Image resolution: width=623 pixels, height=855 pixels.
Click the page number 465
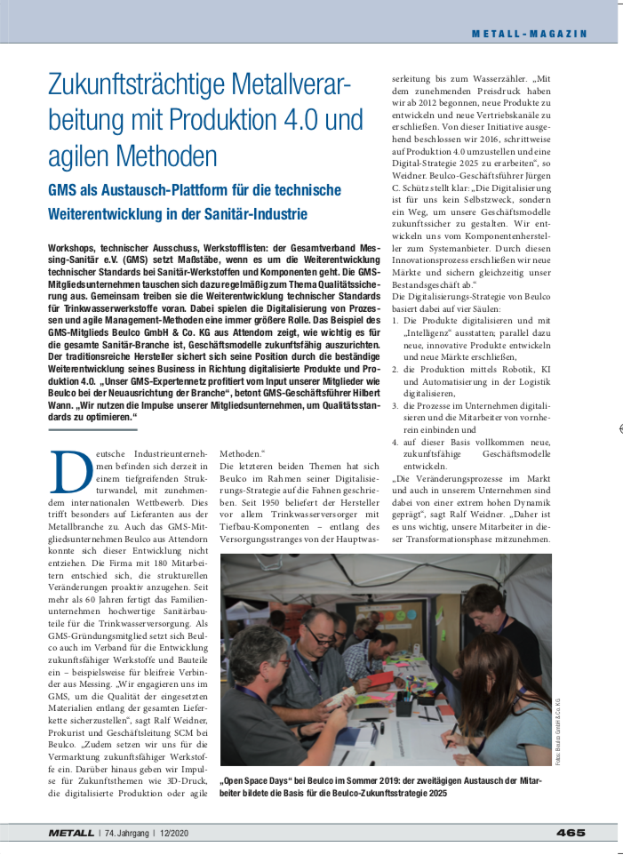click(x=571, y=833)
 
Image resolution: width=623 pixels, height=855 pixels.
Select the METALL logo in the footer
click(x=70, y=833)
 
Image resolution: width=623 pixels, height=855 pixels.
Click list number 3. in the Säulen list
click(x=396, y=405)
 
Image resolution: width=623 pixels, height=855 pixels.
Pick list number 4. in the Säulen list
click(x=396, y=440)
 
